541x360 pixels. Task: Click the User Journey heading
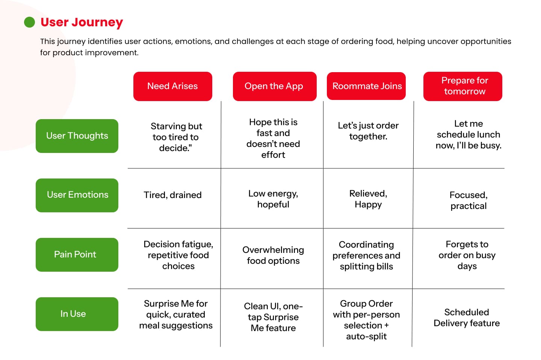coord(82,23)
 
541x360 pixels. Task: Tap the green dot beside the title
coord(29,22)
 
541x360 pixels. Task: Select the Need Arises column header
coord(173,86)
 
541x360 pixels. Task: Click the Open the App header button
coord(275,86)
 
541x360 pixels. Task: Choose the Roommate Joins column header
coord(366,86)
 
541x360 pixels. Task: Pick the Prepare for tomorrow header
coord(463,86)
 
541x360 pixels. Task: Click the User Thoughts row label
coord(77,136)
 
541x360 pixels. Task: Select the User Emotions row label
coord(77,195)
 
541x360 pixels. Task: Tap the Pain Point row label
coord(77,255)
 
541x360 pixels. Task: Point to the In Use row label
coord(77,314)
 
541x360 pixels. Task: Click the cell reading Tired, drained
coord(173,195)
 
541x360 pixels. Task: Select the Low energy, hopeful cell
coord(273,199)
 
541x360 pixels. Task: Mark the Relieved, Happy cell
coord(368,199)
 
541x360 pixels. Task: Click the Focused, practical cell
coord(468,200)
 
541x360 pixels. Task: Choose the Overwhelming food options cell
coord(273,255)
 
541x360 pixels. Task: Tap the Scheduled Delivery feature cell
coord(467,318)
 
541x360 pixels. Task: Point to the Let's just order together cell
coord(368,131)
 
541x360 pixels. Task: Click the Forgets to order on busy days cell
coord(467,255)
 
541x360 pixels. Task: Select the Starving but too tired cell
coord(176,137)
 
